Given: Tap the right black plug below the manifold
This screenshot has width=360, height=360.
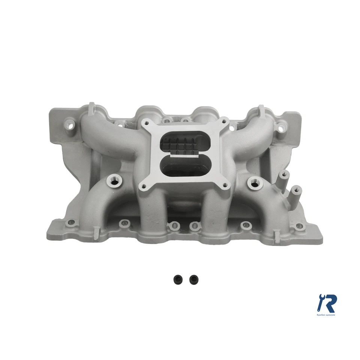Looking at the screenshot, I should (x=193, y=279).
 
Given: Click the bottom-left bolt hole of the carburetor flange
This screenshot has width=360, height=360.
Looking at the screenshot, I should (x=143, y=186).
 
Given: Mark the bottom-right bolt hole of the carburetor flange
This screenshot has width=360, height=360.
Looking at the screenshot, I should (x=225, y=184).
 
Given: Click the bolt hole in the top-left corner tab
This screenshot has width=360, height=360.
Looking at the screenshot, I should (x=69, y=123).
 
